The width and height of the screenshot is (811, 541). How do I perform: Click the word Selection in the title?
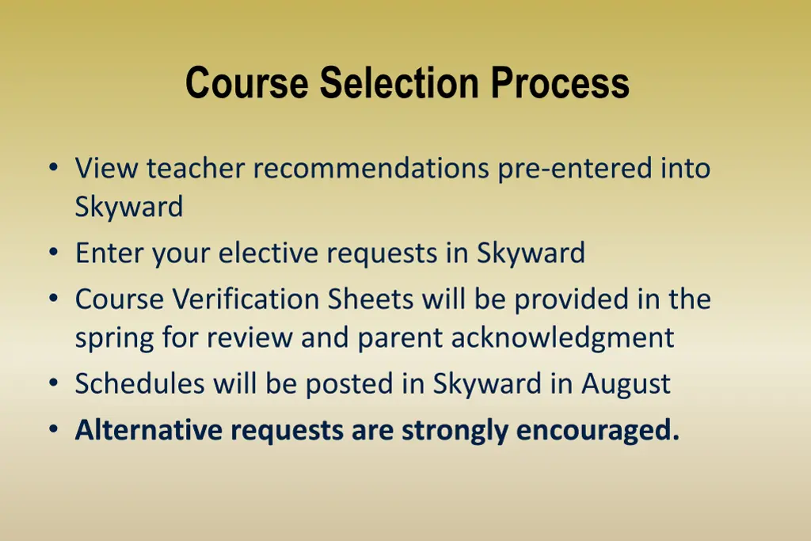pos(400,82)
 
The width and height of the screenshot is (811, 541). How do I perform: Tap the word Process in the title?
pos(560,82)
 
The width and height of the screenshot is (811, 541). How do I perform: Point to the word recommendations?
pos(371,168)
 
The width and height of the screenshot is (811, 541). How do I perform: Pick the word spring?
pos(115,339)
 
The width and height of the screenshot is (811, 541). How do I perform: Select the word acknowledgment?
pos(563,338)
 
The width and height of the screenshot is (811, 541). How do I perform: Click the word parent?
pos(401,339)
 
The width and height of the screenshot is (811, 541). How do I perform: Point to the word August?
pos(626,384)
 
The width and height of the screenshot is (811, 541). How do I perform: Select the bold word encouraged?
pos(598,430)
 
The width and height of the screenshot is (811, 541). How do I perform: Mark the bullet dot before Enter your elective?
pos(53,253)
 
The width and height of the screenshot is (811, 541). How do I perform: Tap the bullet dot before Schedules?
pos(53,384)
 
